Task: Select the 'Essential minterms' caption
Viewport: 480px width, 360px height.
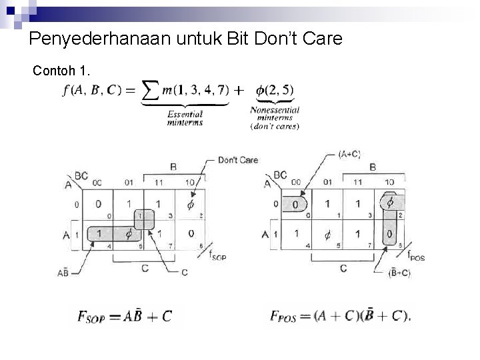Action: click(x=185, y=118)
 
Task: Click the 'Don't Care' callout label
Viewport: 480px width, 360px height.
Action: click(x=237, y=160)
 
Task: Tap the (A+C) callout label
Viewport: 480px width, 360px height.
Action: click(x=349, y=154)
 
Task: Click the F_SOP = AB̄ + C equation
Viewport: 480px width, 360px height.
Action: click(x=123, y=315)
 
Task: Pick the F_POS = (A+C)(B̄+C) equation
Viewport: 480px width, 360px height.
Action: click(x=340, y=315)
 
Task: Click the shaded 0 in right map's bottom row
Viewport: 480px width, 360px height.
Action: click(x=389, y=234)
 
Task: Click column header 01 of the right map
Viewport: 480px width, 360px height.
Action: click(x=328, y=181)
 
